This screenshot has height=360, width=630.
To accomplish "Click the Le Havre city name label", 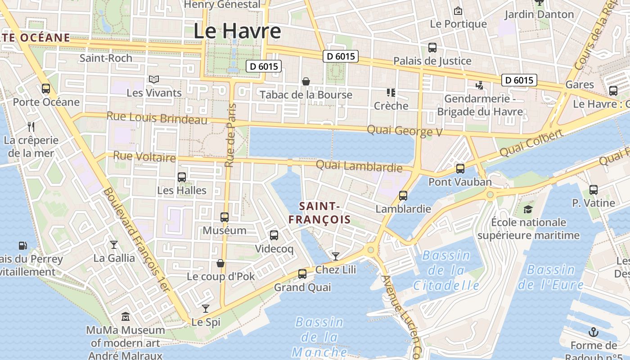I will coord(237,31).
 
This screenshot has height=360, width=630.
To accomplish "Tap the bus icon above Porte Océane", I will coord(46,89).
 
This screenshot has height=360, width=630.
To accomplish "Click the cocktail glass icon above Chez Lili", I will coord(335,256).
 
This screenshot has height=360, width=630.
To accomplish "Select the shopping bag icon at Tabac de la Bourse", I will coord(306,81).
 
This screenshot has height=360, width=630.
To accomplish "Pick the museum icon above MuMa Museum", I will coord(125,317).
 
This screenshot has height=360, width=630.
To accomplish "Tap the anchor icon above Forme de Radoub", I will coord(594,333).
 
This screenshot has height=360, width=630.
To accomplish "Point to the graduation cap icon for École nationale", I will coord(528,209).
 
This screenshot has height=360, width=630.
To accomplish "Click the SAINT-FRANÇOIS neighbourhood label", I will coord(319,213).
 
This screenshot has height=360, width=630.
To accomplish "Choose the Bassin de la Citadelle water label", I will coord(446,270).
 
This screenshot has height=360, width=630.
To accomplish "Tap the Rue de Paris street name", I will coord(230,135).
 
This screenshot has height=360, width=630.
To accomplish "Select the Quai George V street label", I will coord(405,131).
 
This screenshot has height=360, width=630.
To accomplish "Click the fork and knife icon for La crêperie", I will coord(31,126).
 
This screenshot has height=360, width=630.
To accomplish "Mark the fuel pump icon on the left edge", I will coord(23,246).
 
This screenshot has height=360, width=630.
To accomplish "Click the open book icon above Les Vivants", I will coord(154,80).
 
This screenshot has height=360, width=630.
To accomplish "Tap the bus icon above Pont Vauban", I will coord(460,169).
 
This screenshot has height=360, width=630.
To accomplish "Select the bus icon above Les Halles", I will coord(182,177).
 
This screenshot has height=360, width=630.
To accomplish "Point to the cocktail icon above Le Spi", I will coord(206,309).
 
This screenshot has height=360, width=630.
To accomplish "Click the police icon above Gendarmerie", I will coord(480,85).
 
